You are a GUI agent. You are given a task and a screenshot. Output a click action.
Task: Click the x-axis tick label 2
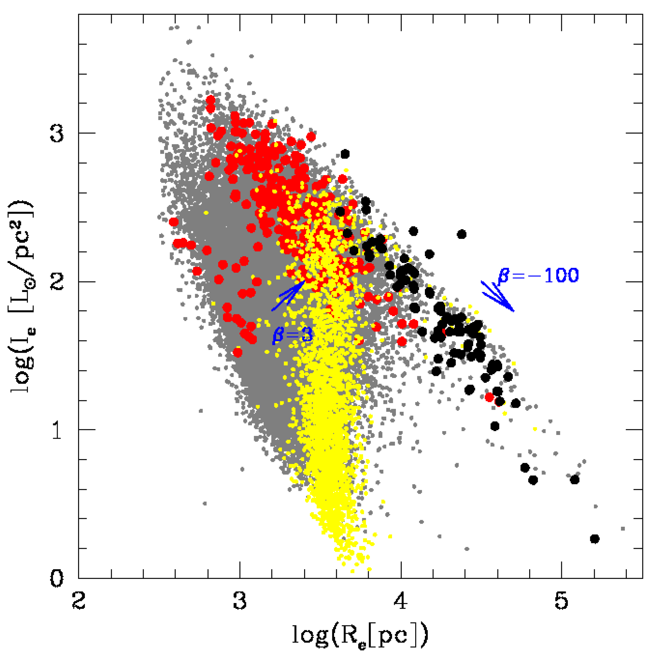79,601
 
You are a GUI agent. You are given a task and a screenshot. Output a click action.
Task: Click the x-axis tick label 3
240,601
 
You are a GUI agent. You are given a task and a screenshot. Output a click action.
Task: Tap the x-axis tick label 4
400,601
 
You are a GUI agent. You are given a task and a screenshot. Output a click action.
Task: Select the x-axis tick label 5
561,601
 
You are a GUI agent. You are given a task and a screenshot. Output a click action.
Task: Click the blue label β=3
292,335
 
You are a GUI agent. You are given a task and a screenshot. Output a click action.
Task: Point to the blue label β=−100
538,275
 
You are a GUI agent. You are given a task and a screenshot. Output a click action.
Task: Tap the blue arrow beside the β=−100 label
498,296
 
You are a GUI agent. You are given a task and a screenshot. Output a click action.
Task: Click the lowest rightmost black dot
594,539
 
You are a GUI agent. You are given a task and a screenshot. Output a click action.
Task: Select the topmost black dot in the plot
345,154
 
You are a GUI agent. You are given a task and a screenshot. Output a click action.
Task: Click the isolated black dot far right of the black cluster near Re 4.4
461,234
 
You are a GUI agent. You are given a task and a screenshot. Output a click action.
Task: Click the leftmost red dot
174,222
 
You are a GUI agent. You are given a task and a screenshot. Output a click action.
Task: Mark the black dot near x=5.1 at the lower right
574,480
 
